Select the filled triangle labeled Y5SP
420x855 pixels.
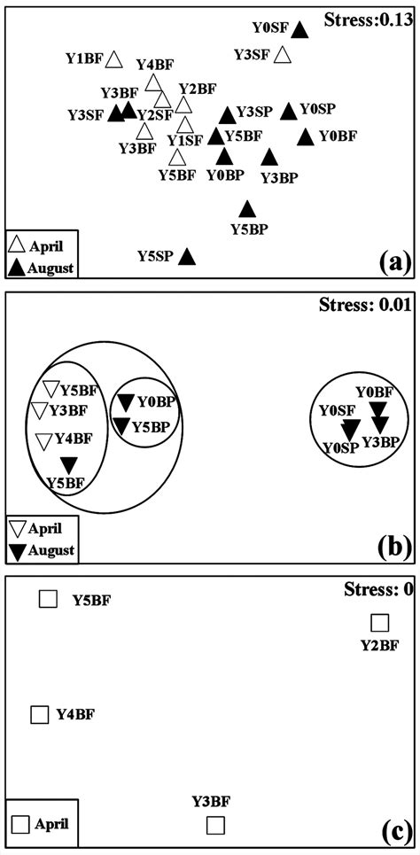pyautogui.click(x=186, y=257)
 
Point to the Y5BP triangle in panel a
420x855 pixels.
pyautogui.click(x=247, y=209)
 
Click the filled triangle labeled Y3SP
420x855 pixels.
pyautogui.click(x=228, y=114)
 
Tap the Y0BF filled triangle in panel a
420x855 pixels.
pyautogui.click(x=306, y=136)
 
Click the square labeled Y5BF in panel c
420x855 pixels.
pyautogui.click(x=48, y=600)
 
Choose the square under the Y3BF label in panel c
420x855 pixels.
pyautogui.click(x=214, y=825)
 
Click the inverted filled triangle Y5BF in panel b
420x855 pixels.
pyautogui.click(x=69, y=465)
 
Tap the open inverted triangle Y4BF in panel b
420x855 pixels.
pyautogui.click(x=44, y=440)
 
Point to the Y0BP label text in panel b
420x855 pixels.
pyautogui.click(x=155, y=401)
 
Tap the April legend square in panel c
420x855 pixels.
pyautogui.click(x=20, y=824)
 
